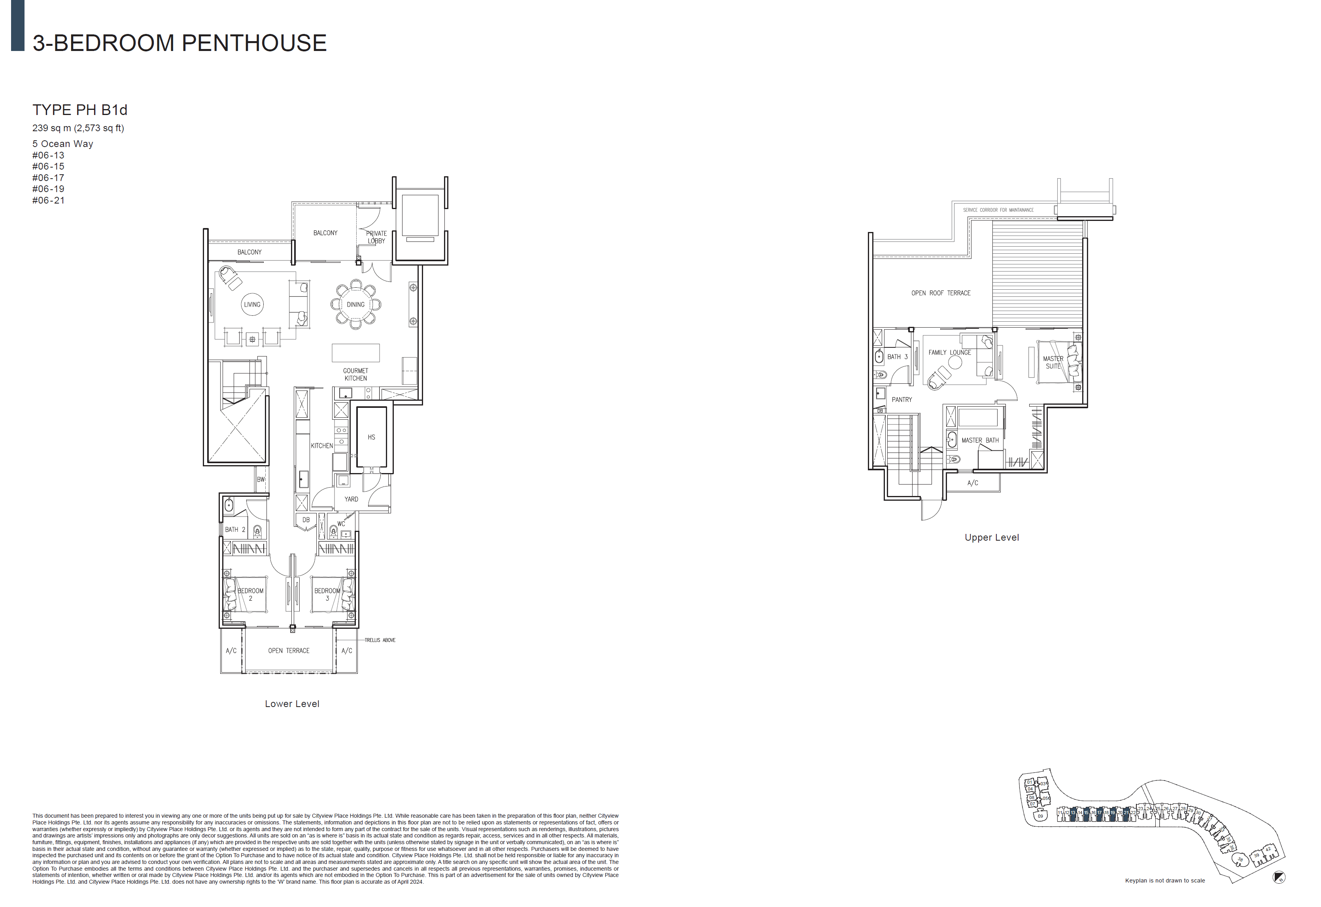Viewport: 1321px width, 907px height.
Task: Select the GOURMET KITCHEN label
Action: (355, 375)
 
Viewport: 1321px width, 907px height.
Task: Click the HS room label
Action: (371, 437)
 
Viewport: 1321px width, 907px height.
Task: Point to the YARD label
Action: (351, 500)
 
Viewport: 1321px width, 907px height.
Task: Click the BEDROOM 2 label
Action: (250, 594)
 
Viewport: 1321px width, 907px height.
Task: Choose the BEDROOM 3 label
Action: (327, 594)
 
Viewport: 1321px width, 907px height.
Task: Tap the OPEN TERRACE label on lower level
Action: (289, 651)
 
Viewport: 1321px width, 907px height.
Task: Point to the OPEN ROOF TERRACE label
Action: (941, 293)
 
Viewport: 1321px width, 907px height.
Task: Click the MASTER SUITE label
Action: (1053, 362)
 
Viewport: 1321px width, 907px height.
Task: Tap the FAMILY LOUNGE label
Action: (950, 353)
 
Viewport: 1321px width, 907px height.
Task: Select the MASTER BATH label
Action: (980, 440)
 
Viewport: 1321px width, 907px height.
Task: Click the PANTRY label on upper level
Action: (901, 400)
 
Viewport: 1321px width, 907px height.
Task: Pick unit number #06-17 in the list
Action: (48, 178)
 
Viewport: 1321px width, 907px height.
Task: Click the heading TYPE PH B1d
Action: (79, 110)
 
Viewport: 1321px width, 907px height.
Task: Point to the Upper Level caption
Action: (991, 537)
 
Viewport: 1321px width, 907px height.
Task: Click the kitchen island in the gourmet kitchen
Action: (356, 353)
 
